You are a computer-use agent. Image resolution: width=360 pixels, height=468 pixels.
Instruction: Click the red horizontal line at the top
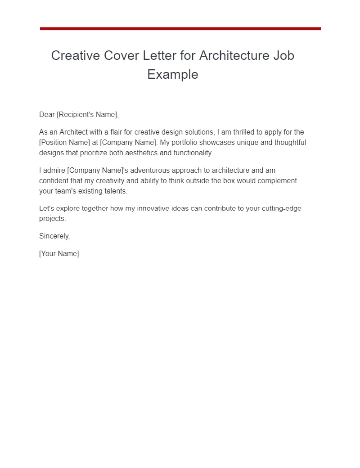point(180,28)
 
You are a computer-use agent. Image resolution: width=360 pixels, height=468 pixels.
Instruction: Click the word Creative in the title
point(76,55)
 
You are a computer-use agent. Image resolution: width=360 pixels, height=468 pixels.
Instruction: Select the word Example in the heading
point(173,74)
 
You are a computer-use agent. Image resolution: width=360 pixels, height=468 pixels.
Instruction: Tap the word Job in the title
point(283,55)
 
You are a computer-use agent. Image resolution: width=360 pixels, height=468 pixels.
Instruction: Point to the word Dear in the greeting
point(47,114)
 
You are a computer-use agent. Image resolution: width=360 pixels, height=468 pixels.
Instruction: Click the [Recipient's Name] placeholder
point(87,114)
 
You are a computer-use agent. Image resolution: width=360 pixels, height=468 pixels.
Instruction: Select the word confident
point(54,180)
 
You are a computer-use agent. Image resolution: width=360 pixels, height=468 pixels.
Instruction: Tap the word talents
point(116,191)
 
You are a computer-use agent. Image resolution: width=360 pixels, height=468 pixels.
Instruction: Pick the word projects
point(52,219)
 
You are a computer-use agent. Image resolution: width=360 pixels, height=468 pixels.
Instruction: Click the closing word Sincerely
point(54,236)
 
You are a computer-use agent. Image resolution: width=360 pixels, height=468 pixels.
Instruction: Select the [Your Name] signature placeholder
point(59,253)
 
